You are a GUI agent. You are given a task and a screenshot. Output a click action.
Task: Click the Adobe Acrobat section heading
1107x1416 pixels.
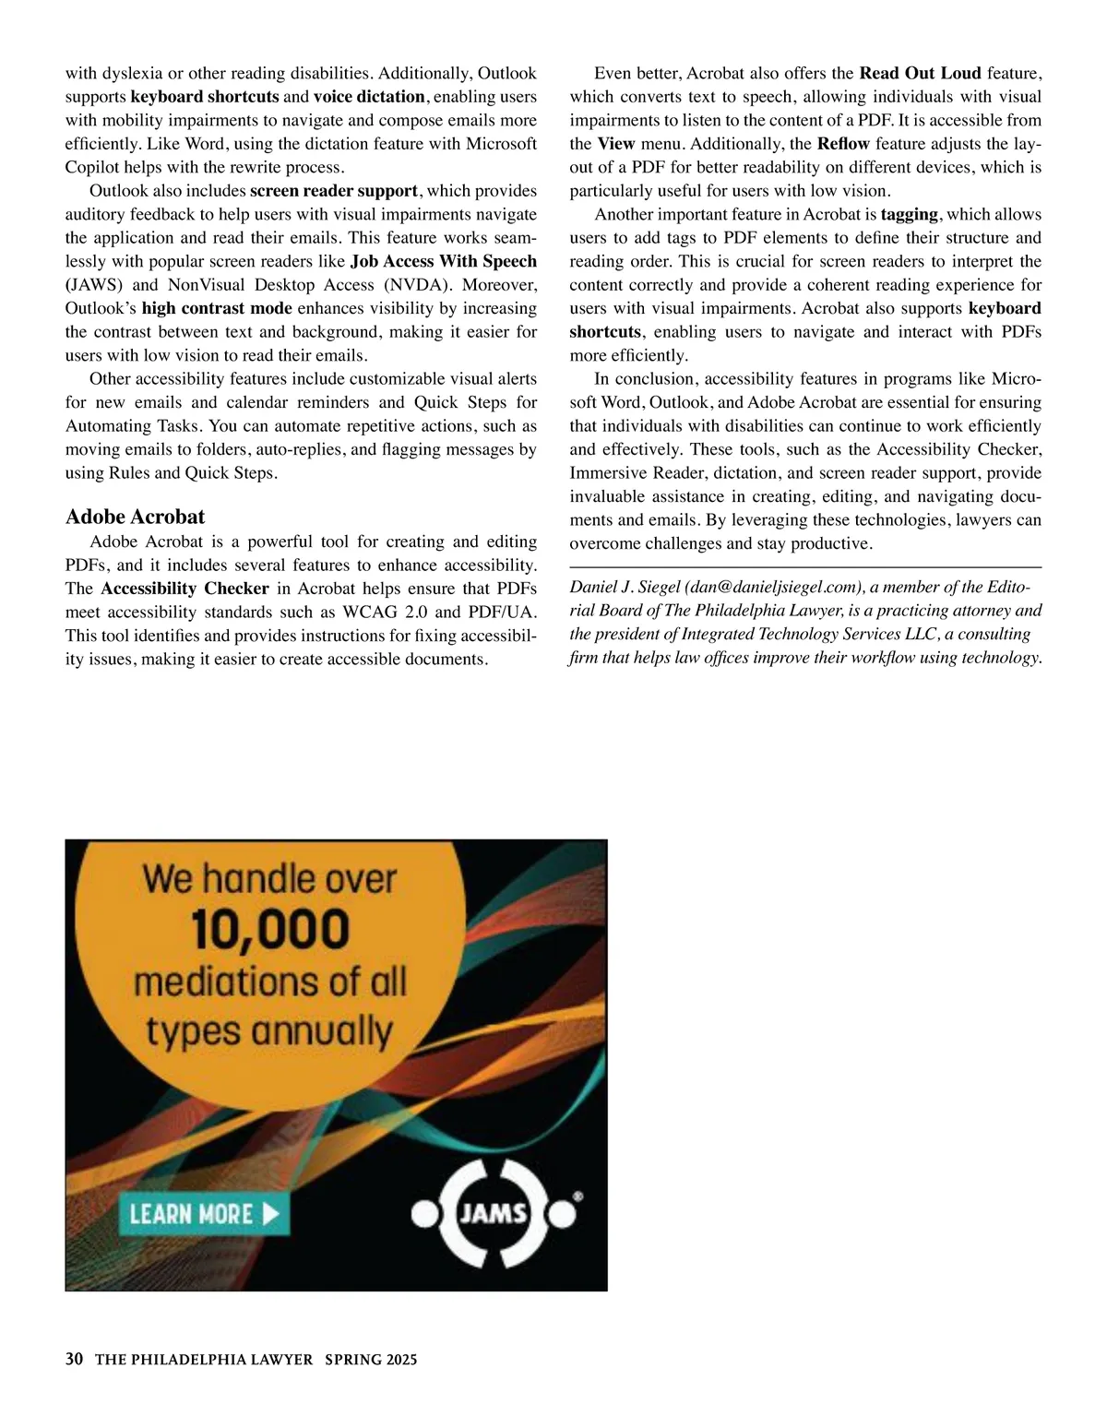[136, 517]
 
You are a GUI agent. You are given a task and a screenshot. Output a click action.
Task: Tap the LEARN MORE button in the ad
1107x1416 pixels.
[204, 1214]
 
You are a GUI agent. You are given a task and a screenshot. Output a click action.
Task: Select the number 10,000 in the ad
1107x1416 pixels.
[270, 929]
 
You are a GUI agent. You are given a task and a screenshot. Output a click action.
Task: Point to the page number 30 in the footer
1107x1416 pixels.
[75, 1360]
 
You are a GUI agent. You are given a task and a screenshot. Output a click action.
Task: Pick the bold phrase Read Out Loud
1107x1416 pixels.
[920, 73]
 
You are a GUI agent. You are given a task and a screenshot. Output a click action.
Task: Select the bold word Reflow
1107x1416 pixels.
[843, 144]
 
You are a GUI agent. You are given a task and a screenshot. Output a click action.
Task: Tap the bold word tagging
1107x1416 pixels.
[910, 215]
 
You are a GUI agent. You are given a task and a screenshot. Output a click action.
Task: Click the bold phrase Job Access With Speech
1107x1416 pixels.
[444, 262]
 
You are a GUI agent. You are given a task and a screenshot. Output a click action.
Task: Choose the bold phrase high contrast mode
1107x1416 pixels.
[217, 309]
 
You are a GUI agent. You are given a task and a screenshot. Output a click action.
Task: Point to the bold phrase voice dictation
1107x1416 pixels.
[369, 97]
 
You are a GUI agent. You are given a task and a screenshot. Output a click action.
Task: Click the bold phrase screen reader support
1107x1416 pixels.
[334, 191]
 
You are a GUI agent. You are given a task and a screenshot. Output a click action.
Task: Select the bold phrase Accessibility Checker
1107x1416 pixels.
[184, 589]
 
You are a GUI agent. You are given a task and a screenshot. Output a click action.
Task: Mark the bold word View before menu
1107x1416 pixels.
[615, 144]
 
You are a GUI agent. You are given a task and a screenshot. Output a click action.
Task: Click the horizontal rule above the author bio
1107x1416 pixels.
[805, 566]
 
